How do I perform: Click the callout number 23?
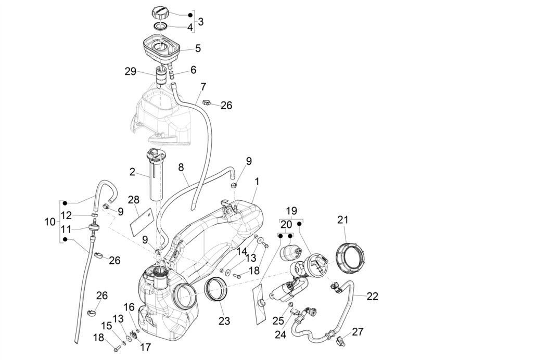[224, 321]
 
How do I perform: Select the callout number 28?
[134, 200]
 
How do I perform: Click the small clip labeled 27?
[341, 341]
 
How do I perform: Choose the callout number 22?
[372, 296]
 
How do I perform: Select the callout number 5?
[198, 48]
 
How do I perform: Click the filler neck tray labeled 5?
[161, 47]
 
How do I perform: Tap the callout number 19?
[291, 211]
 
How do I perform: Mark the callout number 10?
[50, 222]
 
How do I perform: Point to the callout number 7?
[203, 85]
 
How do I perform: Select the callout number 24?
[281, 336]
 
